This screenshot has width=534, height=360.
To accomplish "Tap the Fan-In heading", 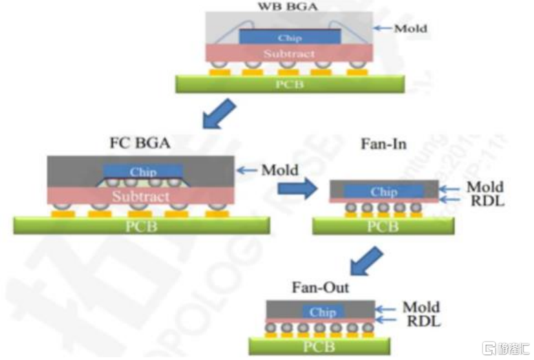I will pos(383,145).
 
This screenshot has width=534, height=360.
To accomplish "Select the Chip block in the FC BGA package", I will pos(142,171).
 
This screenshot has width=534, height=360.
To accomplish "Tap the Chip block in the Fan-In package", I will pos(383,191).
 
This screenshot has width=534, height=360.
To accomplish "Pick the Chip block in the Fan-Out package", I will pos(322,312).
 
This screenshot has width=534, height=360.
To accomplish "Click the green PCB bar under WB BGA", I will pos(290,84).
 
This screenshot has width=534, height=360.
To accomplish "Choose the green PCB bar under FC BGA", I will pos(141,225).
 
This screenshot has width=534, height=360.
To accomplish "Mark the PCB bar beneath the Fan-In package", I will pos(383,226).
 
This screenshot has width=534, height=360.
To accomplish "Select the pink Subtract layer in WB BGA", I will pos(290,53).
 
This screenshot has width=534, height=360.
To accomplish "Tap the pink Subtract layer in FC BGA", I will pos(141,196).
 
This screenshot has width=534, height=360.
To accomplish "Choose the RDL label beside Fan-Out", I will pos(421,321).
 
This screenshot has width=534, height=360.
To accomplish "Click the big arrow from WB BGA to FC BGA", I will pos(220,114).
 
